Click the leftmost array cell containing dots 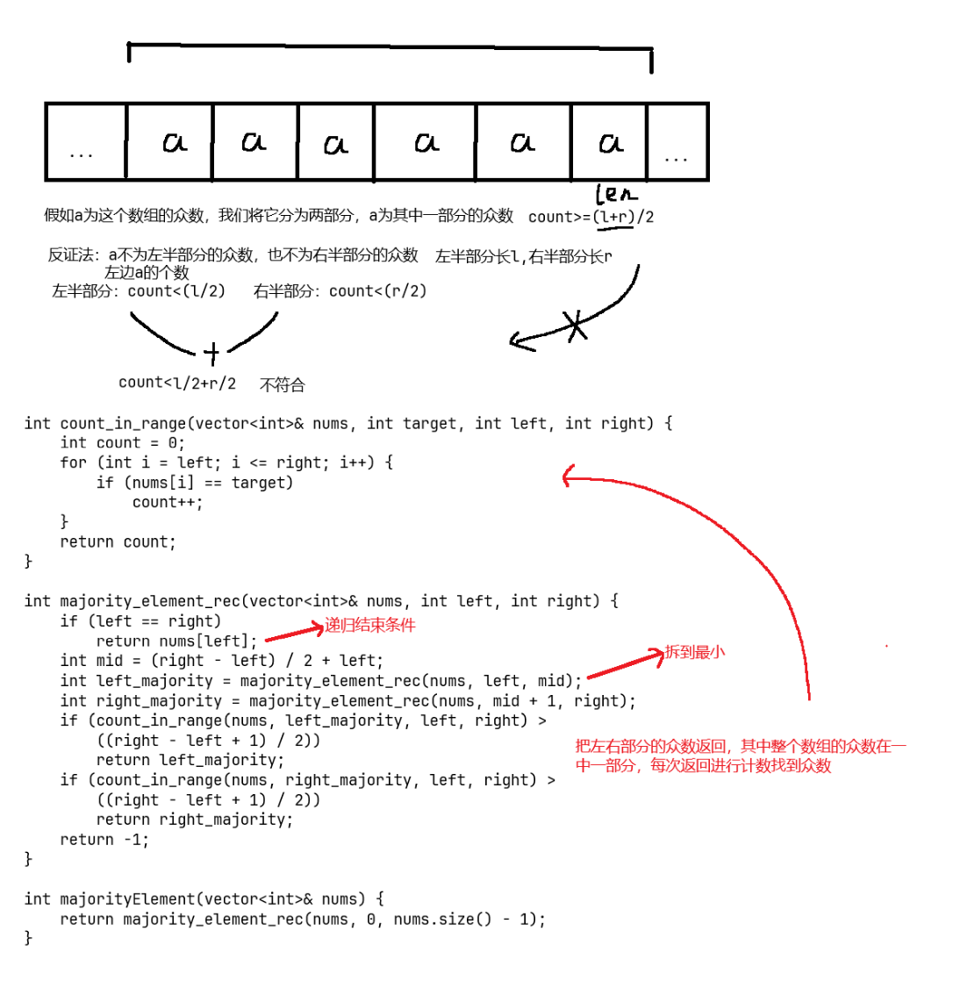coord(85,142)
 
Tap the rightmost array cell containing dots coord(677,143)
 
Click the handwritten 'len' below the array coord(617,194)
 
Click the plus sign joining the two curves coord(211,353)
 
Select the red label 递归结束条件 coord(370,626)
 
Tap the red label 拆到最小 coord(695,652)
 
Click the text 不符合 coord(283,384)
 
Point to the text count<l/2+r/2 coord(177,383)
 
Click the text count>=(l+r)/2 coord(591,217)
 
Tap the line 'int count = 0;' coord(123,443)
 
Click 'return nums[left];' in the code coord(177,641)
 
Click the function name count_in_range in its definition coord(123,424)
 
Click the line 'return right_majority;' coord(195,820)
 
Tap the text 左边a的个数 coord(147,272)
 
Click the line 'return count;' coord(118,541)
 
